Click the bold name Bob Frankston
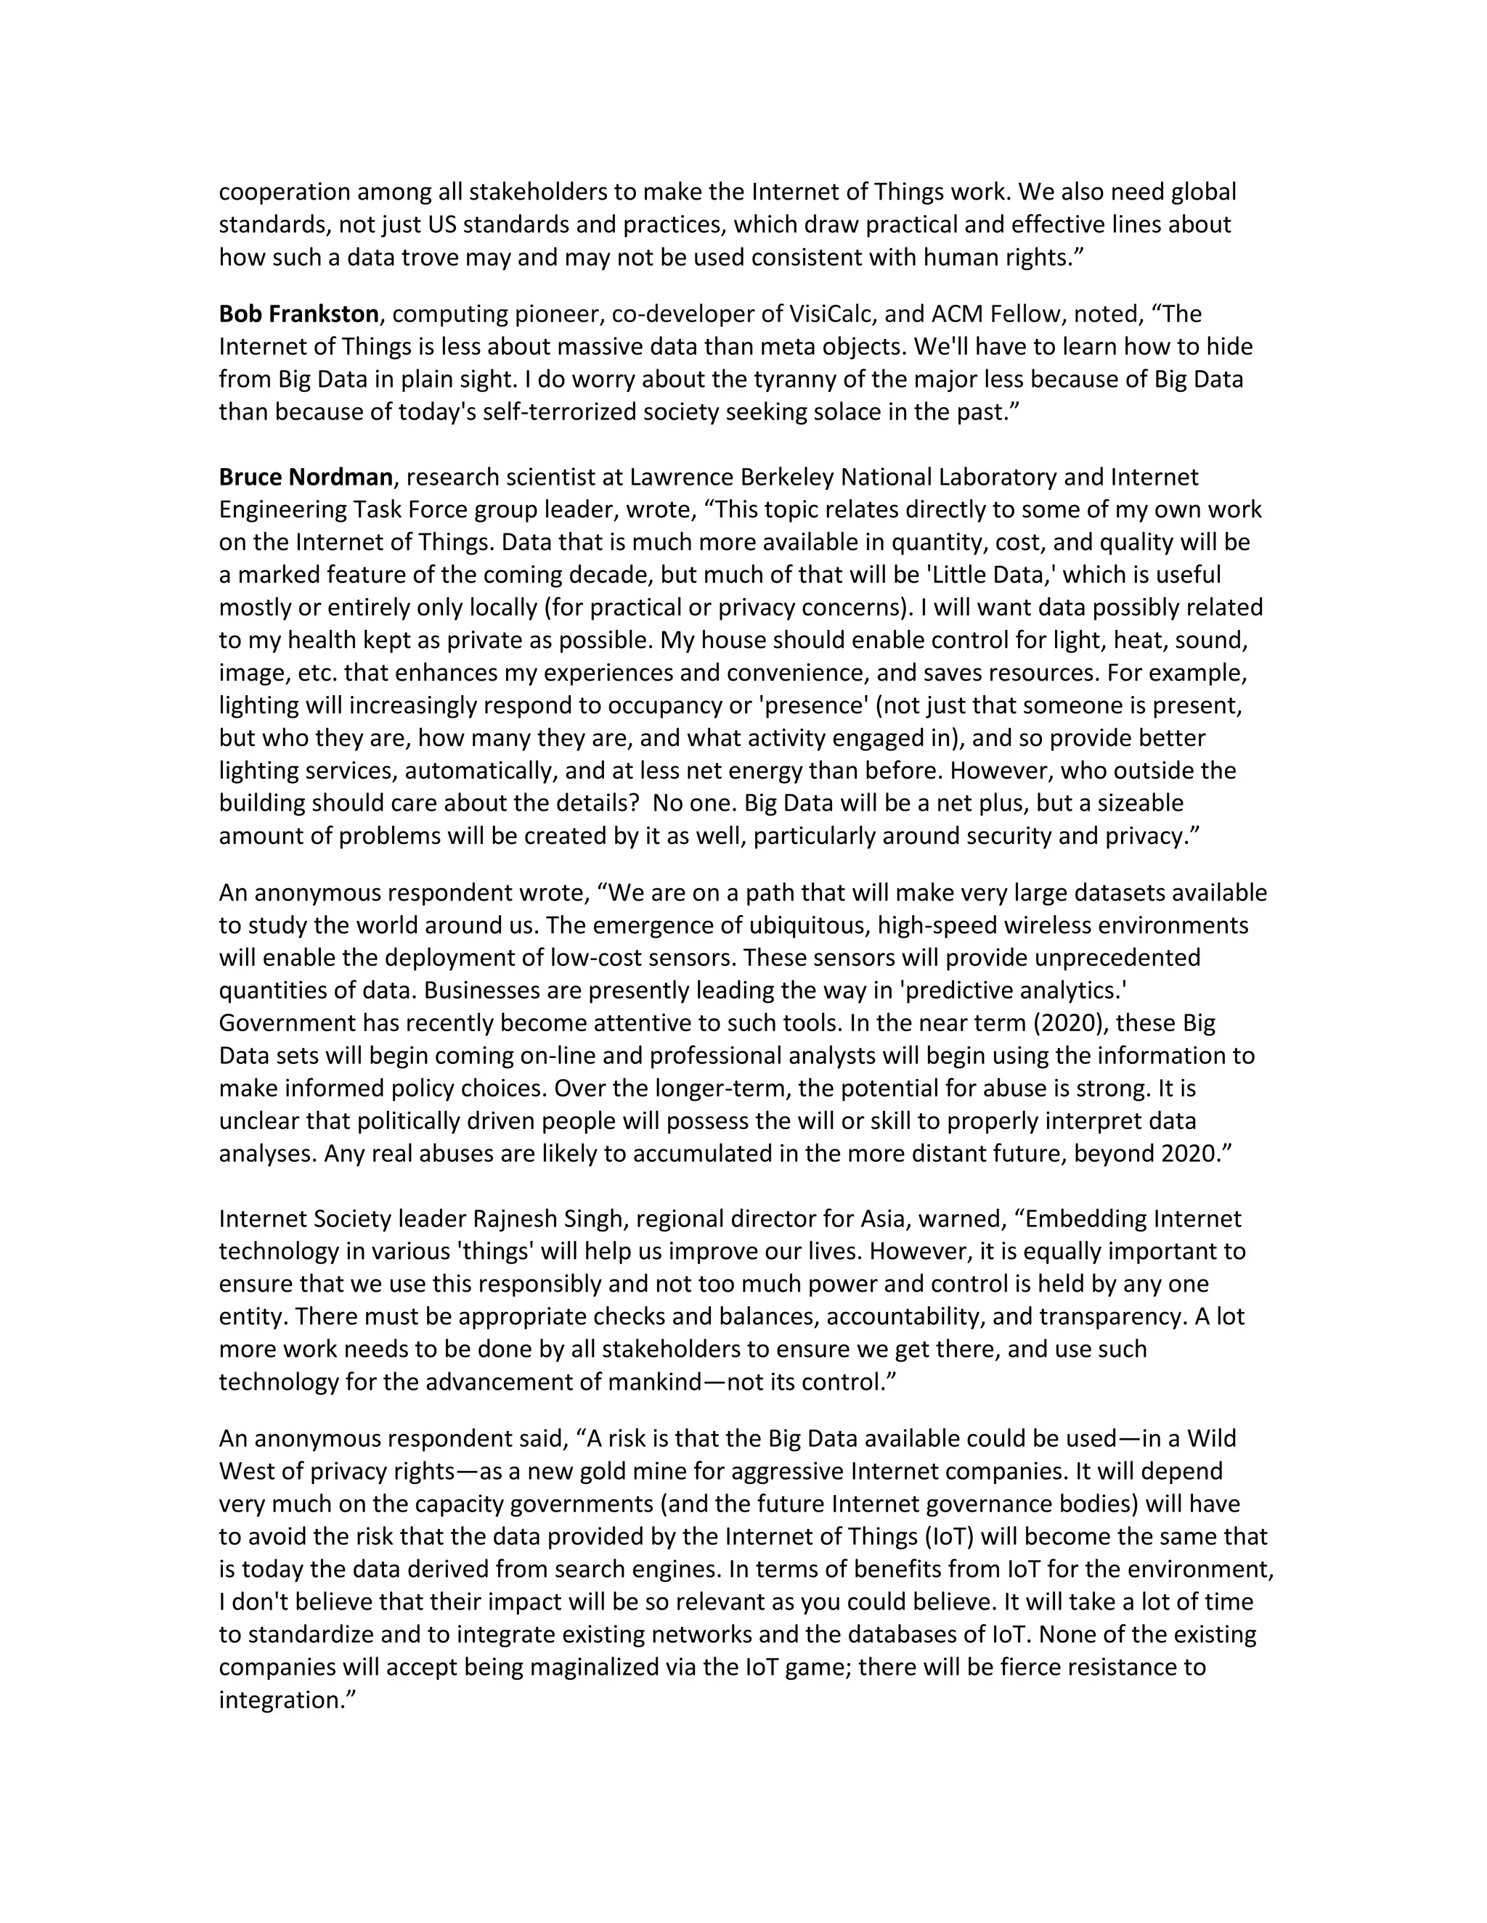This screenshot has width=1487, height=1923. click(x=298, y=314)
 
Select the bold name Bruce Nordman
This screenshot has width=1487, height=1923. click(x=306, y=477)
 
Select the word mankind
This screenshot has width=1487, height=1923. click(x=653, y=1382)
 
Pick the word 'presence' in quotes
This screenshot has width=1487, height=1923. click(x=815, y=705)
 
